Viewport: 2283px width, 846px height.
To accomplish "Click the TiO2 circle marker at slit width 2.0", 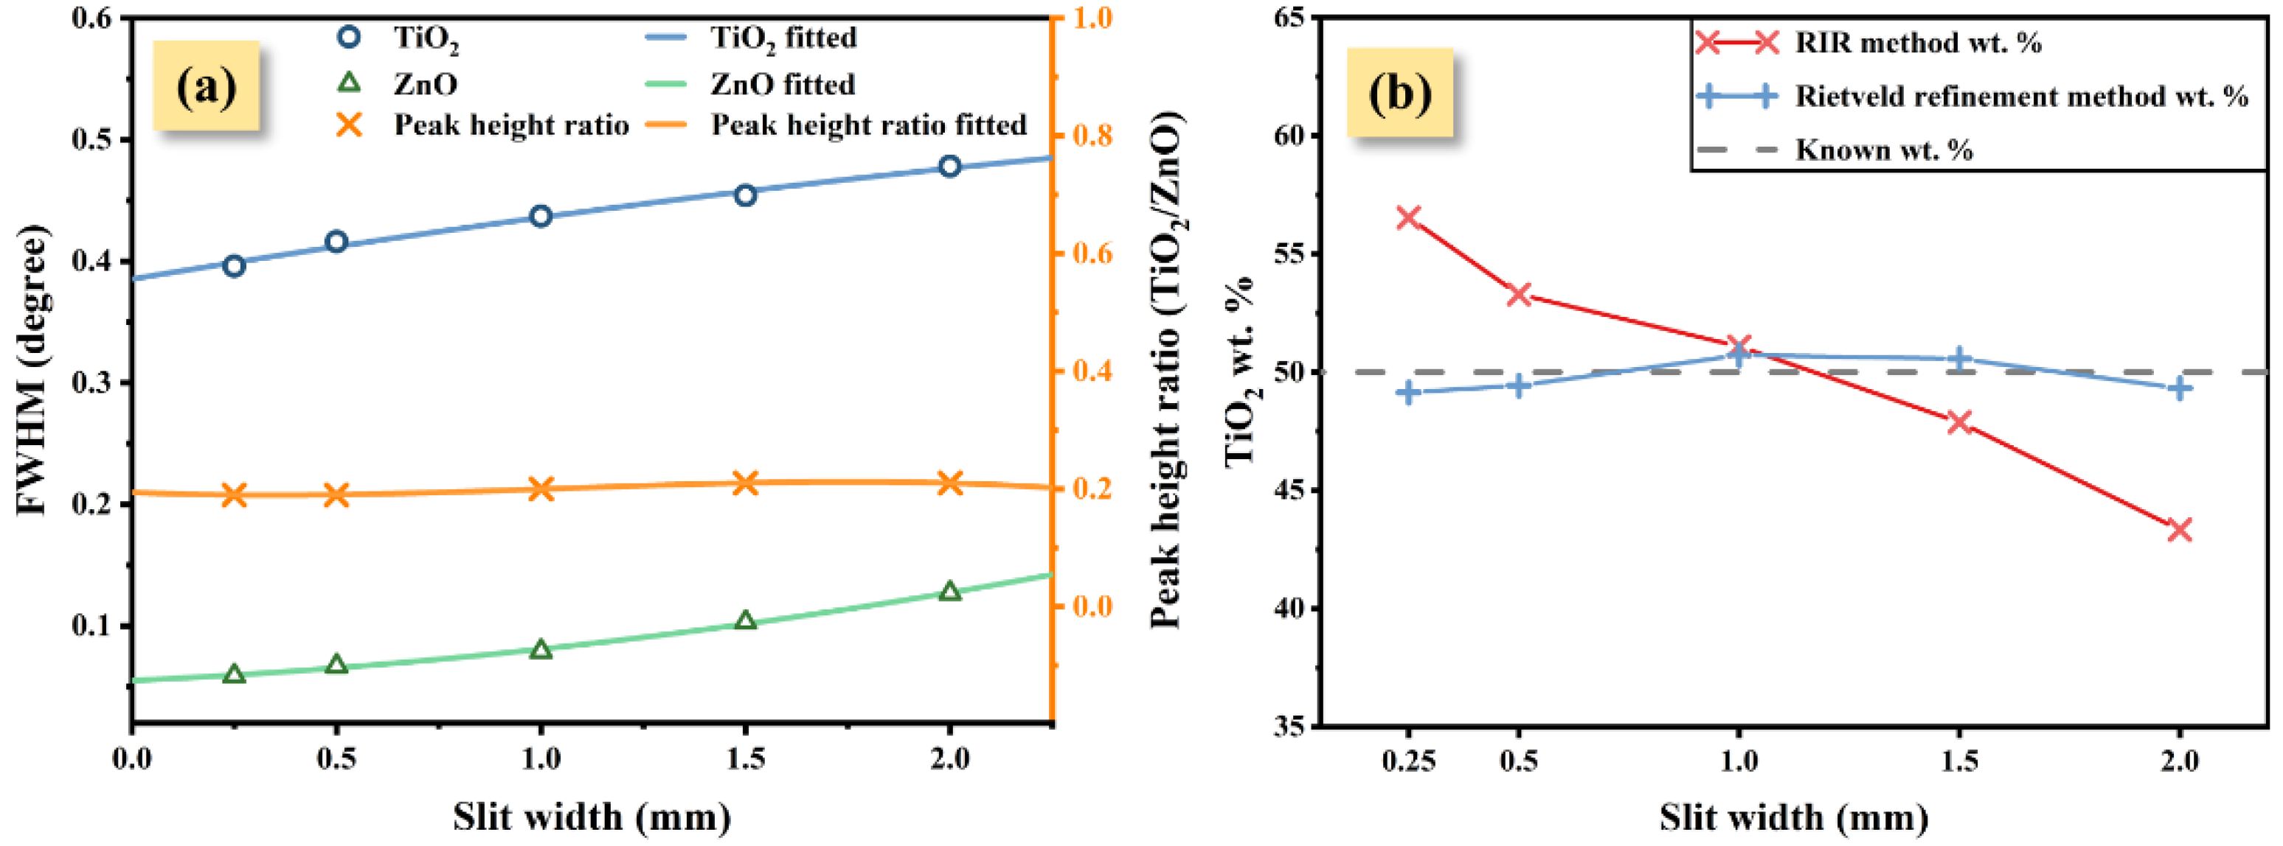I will coord(949,166).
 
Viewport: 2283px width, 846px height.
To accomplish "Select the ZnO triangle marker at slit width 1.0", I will coord(541,649).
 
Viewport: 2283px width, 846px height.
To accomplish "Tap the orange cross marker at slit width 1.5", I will coord(745,483).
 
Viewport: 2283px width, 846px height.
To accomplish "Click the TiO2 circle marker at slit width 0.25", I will coord(234,266).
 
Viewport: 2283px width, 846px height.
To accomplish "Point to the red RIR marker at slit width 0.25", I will coord(1408,217).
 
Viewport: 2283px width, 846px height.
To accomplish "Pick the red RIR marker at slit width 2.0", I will coord(2179,530).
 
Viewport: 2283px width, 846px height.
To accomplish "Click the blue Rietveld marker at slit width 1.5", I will coord(1959,359).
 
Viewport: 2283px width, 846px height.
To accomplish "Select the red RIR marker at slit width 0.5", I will coord(1519,294).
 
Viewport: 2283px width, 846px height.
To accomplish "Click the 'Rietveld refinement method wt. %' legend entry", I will coord(2020,96).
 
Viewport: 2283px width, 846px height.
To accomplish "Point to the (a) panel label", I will coord(207,87).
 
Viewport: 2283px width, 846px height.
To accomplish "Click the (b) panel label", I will coord(1399,93).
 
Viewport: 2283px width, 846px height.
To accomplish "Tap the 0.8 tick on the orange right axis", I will coord(1092,136).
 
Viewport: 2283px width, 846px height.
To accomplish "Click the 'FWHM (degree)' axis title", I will coord(34,370).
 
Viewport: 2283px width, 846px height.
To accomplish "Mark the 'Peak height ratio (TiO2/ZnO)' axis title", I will coord(1168,370).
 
